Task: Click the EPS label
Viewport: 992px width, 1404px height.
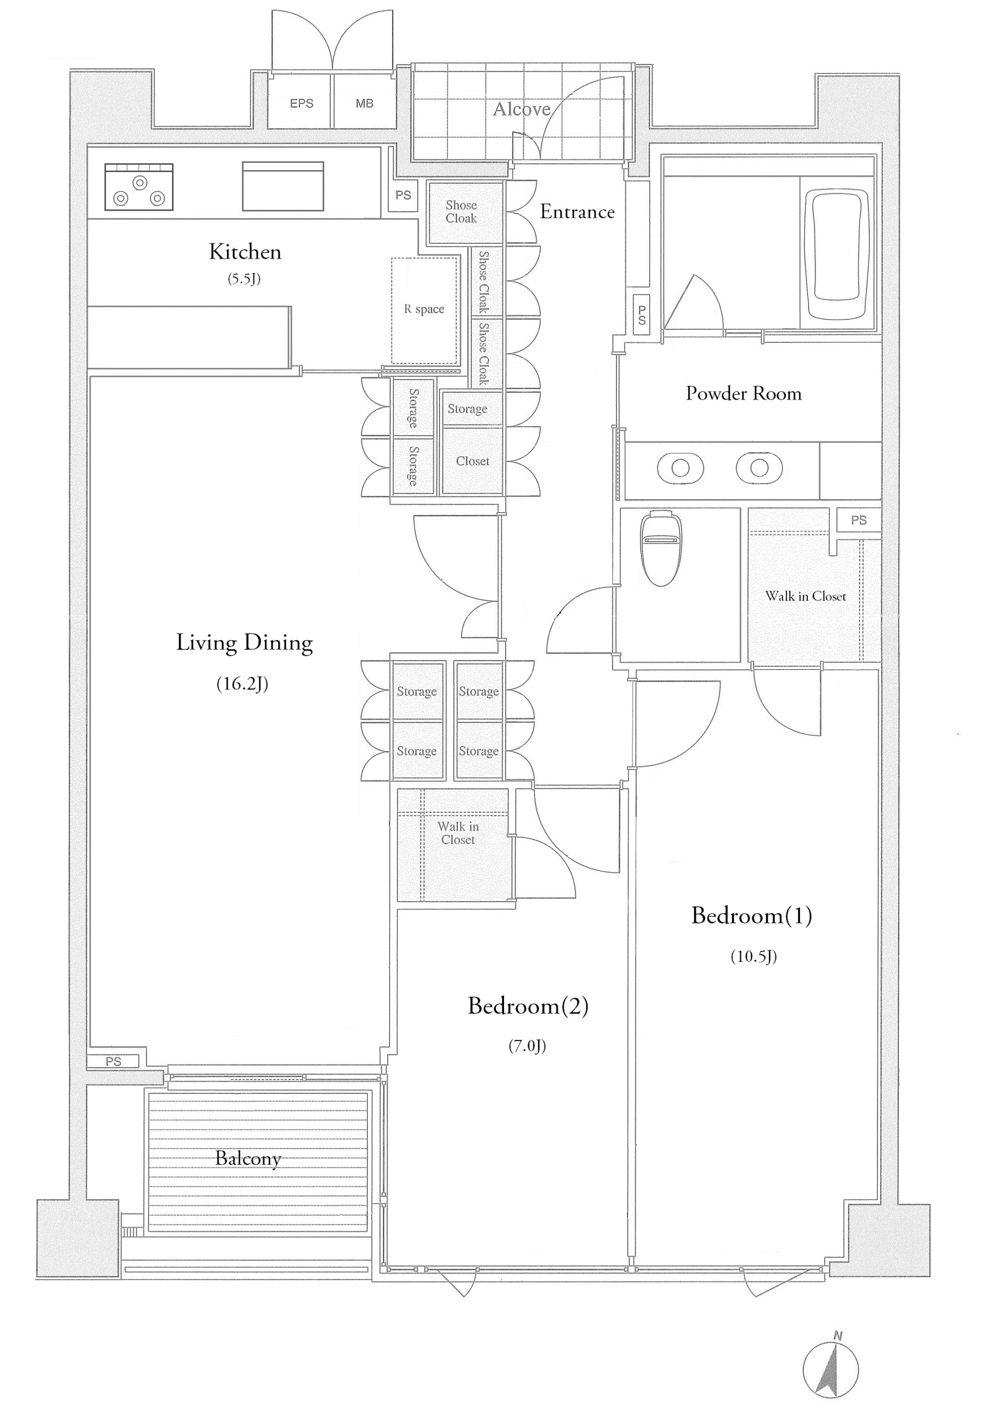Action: (x=301, y=103)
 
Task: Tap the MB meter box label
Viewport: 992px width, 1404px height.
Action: (x=365, y=103)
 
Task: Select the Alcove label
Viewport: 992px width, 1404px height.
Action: (x=521, y=109)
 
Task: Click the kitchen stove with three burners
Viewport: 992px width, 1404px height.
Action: (x=139, y=186)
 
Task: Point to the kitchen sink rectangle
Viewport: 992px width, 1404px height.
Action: (x=282, y=186)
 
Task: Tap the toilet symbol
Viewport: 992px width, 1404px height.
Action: (x=661, y=548)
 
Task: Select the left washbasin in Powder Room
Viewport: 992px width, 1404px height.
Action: (x=680, y=468)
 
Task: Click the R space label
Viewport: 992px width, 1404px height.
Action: (x=424, y=309)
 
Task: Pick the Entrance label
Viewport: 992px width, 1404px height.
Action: (x=577, y=212)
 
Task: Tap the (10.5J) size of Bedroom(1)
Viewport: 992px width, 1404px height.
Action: (x=753, y=956)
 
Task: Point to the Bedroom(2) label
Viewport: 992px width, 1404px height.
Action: (x=528, y=1005)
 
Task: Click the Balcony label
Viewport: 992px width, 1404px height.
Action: (x=248, y=1158)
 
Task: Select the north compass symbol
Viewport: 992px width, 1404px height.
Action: (x=831, y=1368)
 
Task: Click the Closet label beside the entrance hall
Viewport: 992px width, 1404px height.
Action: (x=472, y=461)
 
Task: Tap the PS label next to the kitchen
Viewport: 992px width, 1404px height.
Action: (x=403, y=195)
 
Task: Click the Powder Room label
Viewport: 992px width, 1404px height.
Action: (x=743, y=393)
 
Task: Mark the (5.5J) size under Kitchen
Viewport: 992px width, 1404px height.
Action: (x=244, y=279)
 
